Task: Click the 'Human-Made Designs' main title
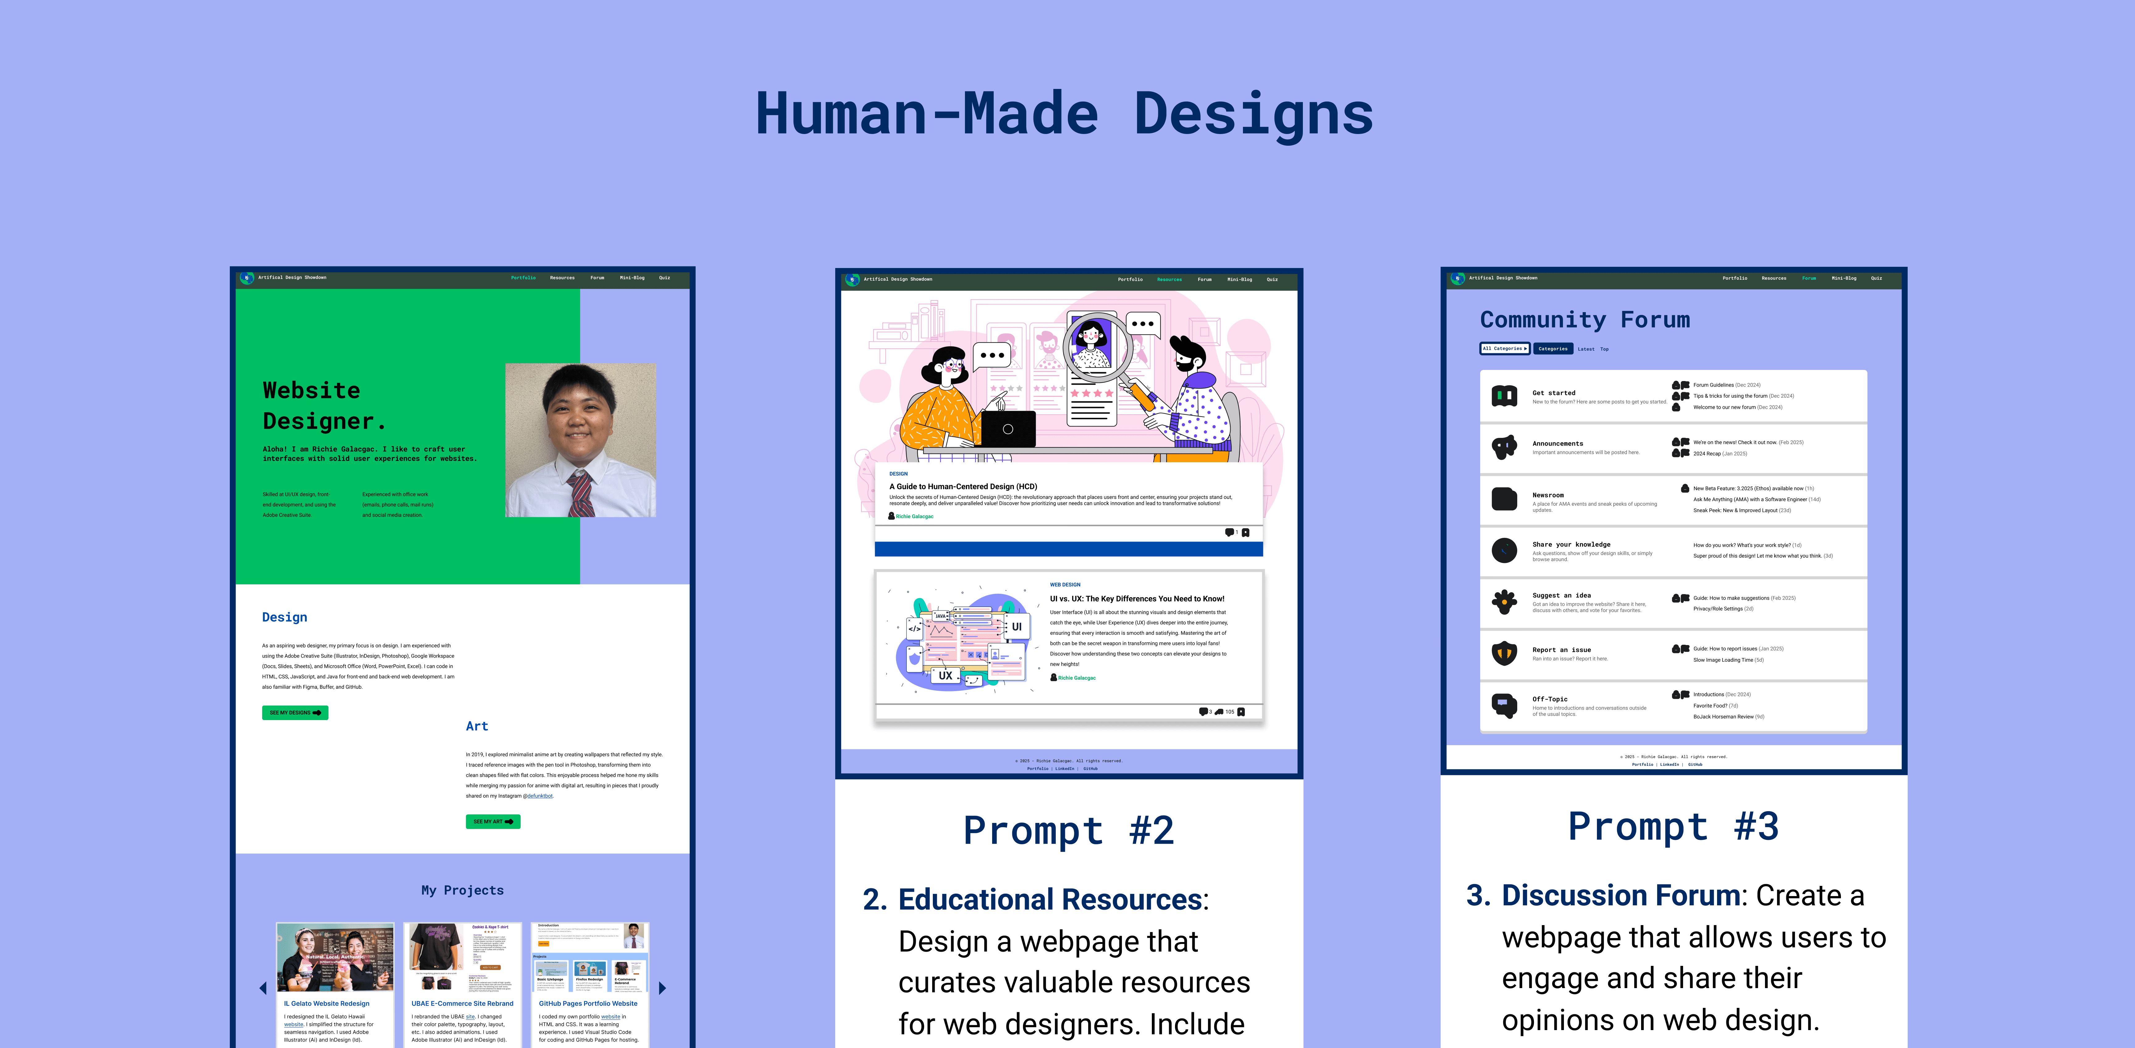[x=1064, y=114]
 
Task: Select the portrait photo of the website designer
[x=580, y=440]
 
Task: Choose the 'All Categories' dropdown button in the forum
[x=1504, y=349]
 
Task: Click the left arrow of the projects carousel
[x=263, y=987]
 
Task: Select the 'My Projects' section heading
[x=462, y=890]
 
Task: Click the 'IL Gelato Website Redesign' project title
[x=326, y=1003]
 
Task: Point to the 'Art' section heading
[x=477, y=726]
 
